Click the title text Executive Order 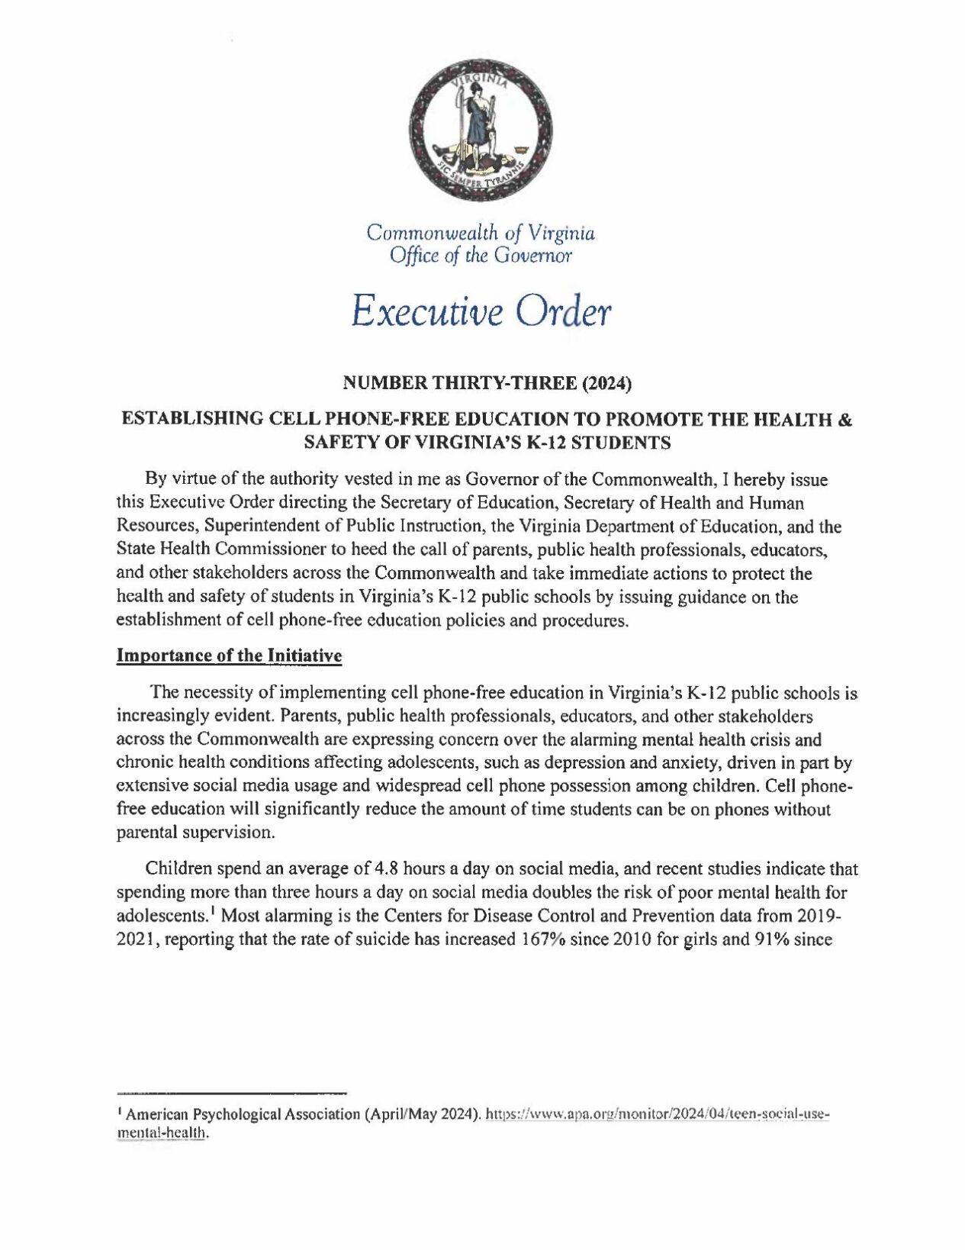[x=481, y=310]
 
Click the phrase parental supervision [x=195, y=832]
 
